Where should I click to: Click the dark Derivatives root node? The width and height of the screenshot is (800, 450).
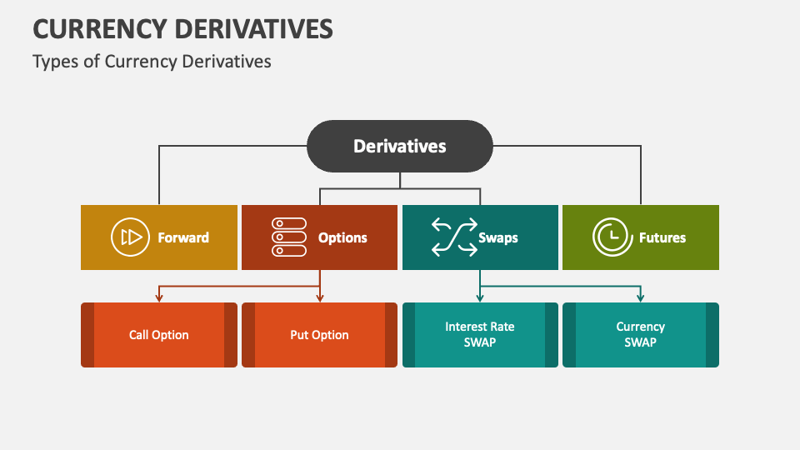point(400,146)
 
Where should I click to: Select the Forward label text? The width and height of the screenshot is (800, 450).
point(183,237)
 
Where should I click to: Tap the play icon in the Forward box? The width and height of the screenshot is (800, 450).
point(130,237)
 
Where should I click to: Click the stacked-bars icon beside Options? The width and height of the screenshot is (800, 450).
point(289,237)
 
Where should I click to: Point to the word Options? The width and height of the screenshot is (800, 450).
point(342,237)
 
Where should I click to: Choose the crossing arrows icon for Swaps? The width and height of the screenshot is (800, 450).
point(452,237)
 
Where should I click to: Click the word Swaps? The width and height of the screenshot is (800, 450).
point(498,237)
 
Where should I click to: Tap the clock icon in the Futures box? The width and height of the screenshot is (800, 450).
point(612,237)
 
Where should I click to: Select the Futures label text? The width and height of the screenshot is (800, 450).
point(662,237)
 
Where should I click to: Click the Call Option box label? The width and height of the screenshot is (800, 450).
point(158,335)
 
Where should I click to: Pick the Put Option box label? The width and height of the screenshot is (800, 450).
point(319,335)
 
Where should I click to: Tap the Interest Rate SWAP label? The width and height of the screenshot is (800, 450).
point(480,334)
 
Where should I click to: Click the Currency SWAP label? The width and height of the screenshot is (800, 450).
point(640,334)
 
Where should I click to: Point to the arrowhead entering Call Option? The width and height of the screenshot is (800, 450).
point(158,297)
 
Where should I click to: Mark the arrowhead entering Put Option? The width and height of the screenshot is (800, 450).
point(319,297)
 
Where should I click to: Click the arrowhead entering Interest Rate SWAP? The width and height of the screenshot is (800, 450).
point(480,297)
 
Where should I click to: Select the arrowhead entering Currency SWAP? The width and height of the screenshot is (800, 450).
point(640,297)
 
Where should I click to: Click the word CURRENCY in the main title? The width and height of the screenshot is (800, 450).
point(97,29)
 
